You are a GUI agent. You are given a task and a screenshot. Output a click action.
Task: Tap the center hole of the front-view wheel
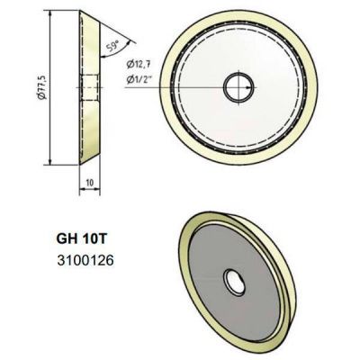click(238, 87)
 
